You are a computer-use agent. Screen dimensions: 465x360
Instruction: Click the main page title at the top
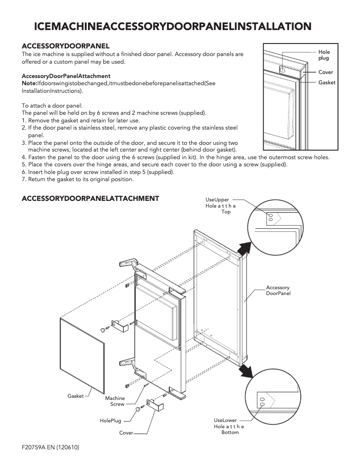[x=173, y=26]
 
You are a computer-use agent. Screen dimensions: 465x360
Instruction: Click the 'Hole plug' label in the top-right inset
[x=324, y=56]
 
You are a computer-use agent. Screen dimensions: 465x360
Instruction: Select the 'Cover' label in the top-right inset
[x=325, y=72]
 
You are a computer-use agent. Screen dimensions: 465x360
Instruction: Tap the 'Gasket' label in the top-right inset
[x=327, y=83]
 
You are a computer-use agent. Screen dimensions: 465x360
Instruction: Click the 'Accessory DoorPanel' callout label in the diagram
[x=278, y=291]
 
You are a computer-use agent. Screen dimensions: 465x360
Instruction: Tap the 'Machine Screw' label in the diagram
[x=115, y=401]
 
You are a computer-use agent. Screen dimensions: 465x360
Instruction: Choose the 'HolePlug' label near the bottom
[x=110, y=421]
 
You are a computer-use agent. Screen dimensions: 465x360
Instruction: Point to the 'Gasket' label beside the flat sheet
[x=75, y=396]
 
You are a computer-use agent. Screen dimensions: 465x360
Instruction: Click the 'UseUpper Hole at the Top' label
[x=220, y=205]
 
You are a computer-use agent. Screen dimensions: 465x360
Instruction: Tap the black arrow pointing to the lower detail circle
[x=245, y=370]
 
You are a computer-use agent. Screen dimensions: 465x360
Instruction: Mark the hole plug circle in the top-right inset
[x=282, y=70]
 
